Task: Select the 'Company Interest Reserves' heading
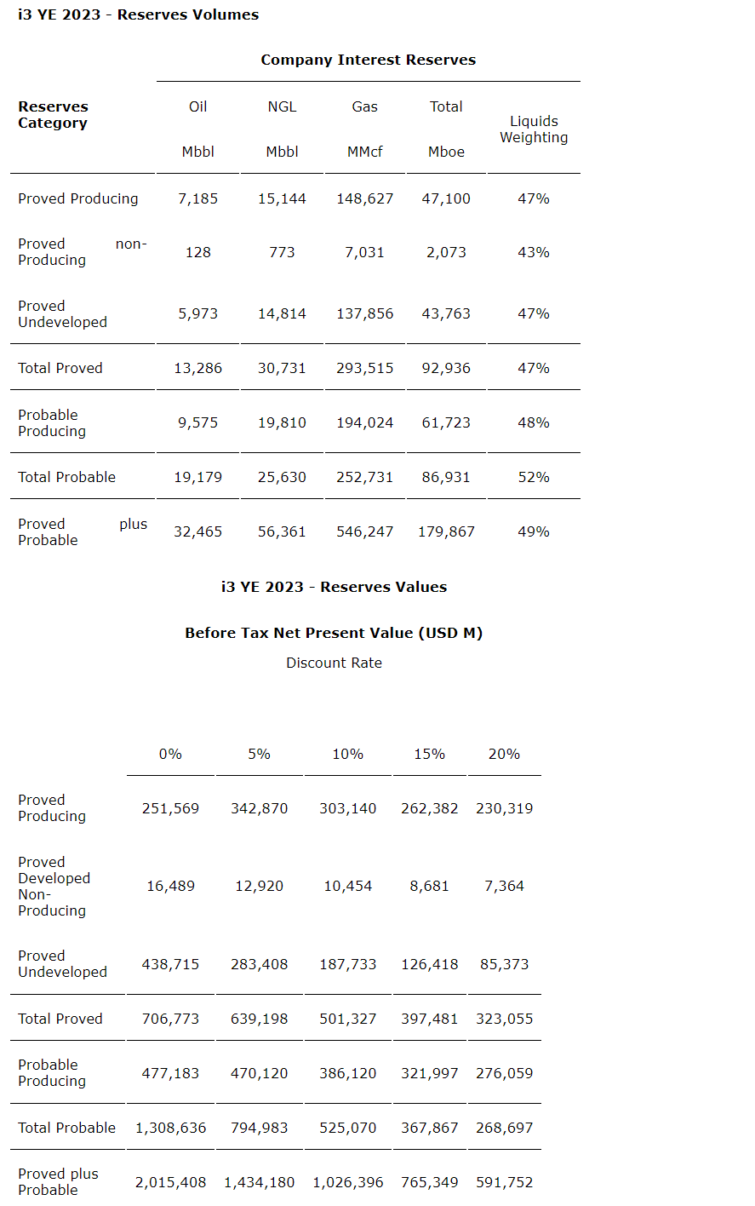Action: tap(368, 60)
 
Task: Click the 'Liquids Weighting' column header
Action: tap(534, 129)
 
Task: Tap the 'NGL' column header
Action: tap(282, 106)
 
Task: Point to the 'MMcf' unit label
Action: tap(364, 152)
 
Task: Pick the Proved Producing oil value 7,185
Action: tap(197, 198)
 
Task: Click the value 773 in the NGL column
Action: tap(282, 252)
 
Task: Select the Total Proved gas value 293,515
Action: tap(364, 368)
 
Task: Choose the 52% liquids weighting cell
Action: tap(534, 477)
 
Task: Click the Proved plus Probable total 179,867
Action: tap(446, 531)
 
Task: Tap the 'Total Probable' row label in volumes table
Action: tap(66, 477)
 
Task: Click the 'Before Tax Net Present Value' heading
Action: tap(334, 633)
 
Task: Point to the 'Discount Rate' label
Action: tap(334, 663)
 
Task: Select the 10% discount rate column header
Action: tap(347, 754)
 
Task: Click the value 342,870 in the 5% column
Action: tap(259, 808)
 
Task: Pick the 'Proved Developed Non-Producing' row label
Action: tap(54, 886)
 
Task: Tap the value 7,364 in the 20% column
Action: tap(504, 886)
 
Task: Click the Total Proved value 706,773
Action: tap(170, 1019)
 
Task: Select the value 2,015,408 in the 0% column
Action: tap(170, 1182)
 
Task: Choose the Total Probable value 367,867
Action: tap(429, 1128)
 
